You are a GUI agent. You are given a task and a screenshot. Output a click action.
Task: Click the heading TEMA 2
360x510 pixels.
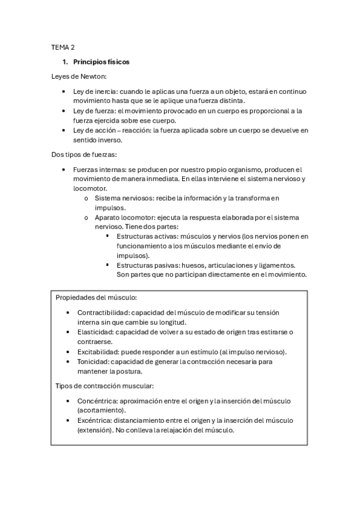coord(63,46)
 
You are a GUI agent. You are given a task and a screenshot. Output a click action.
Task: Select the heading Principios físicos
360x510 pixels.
coord(101,62)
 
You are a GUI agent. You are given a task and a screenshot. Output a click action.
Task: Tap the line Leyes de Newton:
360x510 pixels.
coord(79,76)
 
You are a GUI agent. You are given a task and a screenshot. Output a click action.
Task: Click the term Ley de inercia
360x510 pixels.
coord(94,91)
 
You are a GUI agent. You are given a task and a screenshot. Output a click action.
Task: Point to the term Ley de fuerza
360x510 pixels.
coord(94,111)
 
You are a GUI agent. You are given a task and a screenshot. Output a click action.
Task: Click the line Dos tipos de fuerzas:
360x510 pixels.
coord(88,155)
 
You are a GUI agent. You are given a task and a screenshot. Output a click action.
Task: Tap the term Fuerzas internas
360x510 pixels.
coord(100,170)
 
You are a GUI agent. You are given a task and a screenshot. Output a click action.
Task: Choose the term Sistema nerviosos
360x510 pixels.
coord(123,198)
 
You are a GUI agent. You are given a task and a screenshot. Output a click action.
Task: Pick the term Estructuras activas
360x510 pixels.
coord(147,236)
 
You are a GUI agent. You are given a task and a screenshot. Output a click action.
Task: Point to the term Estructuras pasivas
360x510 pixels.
coord(147,265)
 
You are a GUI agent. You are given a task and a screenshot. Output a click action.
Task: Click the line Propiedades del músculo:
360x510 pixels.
coord(96,298)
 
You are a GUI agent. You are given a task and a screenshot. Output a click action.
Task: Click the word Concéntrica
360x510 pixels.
coord(96,401)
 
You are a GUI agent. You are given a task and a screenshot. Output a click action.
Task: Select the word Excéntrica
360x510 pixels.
coord(94,420)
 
